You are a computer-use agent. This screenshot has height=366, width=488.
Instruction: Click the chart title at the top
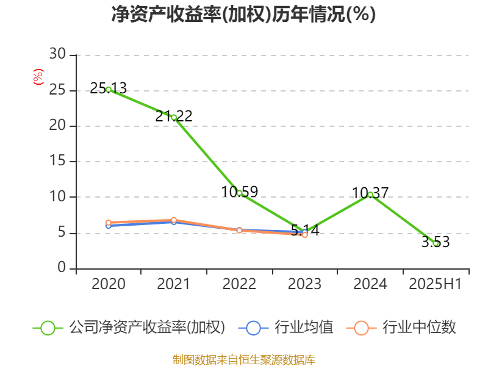click(x=243, y=14)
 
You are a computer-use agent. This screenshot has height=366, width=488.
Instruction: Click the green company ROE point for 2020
click(x=109, y=89)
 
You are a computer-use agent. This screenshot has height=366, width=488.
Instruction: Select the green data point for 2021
click(x=174, y=117)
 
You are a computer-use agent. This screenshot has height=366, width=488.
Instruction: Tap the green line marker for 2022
click(x=239, y=193)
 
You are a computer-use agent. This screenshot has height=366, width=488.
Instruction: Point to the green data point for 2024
click(x=370, y=195)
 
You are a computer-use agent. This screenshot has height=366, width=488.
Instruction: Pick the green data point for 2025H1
click(x=436, y=243)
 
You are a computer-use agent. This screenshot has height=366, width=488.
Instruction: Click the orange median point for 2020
click(x=109, y=223)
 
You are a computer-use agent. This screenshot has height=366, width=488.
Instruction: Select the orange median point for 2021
click(x=174, y=220)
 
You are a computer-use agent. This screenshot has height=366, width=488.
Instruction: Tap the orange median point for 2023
click(x=305, y=234)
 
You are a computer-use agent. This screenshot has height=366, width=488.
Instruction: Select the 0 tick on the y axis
click(x=62, y=268)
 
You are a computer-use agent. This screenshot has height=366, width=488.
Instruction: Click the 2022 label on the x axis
click(x=239, y=284)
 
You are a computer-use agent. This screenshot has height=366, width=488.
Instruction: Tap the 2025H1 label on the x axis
click(x=436, y=284)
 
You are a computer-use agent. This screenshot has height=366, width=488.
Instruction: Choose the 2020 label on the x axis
click(x=109, y=284)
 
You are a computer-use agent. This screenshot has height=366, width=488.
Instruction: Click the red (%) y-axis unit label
click(x=38, y=77)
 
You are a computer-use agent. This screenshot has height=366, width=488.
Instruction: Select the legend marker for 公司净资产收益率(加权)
click(x=48, y=328)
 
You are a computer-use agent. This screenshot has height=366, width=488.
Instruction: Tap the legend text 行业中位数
click(x=419, y=328)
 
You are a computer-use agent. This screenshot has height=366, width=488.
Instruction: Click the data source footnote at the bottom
click(x=243, y=359)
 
